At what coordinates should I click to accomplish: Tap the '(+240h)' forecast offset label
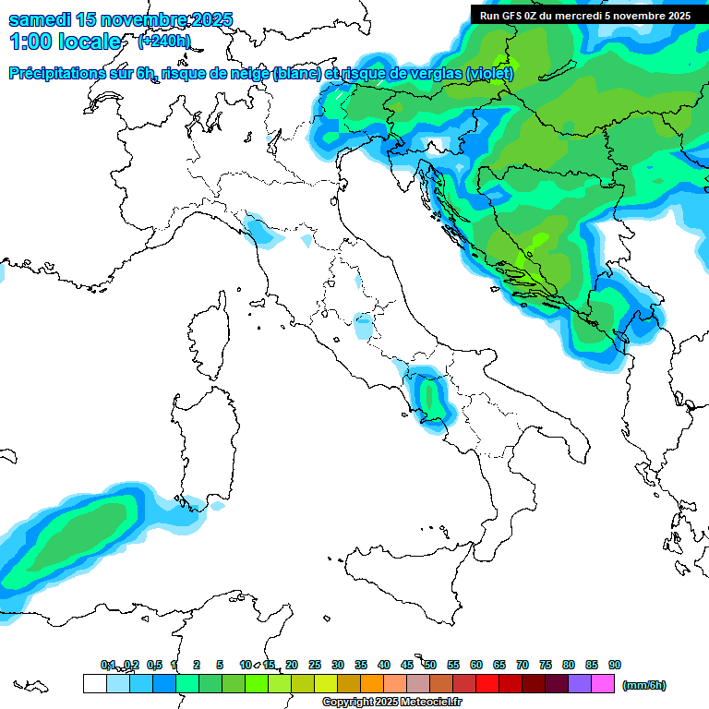coord(163,41)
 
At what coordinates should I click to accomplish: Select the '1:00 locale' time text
coord(65,42)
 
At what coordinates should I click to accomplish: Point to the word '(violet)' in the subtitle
coord(489,73)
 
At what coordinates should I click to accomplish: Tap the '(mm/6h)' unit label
coord(643,685)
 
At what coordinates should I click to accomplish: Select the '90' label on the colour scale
coord(615,665)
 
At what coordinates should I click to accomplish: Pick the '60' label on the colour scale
coord(476,665)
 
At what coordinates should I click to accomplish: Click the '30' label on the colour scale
coord(338,665)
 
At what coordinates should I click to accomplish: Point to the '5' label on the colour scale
coord(220,665)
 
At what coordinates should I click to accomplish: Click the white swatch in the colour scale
coord(94,684)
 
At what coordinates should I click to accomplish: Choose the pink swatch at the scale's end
coord(603,684)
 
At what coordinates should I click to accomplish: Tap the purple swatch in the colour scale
coord(580,684)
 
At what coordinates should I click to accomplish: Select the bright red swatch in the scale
coord(487,684)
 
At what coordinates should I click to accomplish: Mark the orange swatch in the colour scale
coord(372,684)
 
